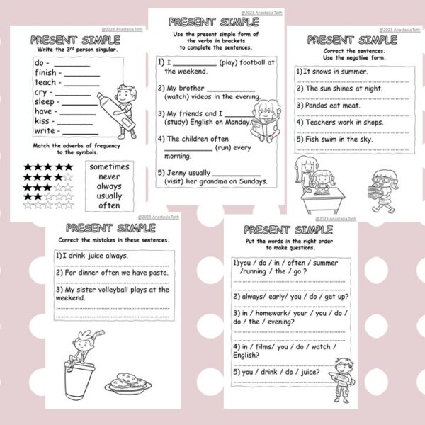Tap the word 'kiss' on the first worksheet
pos(42,121)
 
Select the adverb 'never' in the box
pos(110,176)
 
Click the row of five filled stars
pos(48,167)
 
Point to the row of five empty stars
pos(48,206)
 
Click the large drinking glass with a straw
pos(80,382)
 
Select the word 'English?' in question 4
pos(253,354)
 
